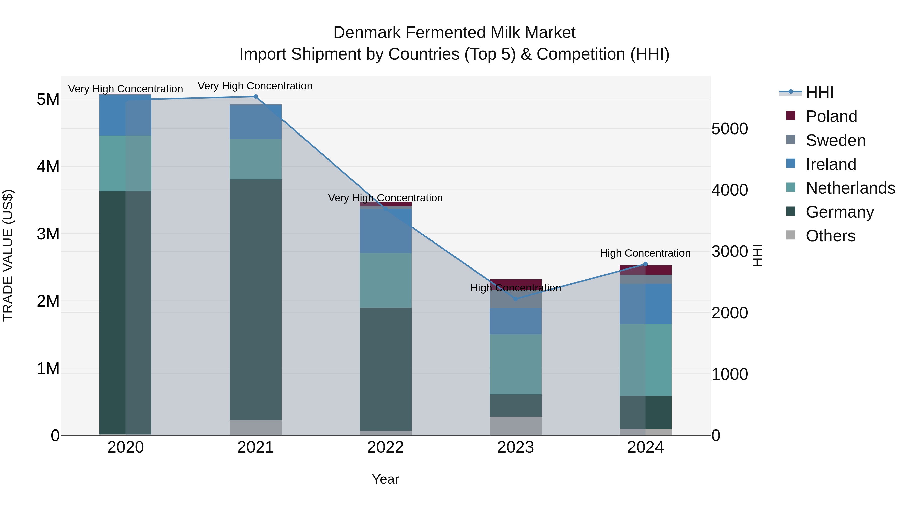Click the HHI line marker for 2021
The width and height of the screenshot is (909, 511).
(256, 97)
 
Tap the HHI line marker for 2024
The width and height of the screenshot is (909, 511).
(645, 264)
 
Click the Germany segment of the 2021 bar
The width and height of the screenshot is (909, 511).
(256, 300)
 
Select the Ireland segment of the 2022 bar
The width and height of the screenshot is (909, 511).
(385, 231)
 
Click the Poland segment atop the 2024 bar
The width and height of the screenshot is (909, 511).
(645, 270)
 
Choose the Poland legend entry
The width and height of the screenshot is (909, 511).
(831, 116)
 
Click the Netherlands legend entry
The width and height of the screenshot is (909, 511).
(850, 188)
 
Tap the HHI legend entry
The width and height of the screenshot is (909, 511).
(819, 92)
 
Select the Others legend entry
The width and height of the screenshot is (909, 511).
(830, 236)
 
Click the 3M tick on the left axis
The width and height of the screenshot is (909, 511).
(48, 234)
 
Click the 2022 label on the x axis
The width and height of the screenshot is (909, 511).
(385, 447)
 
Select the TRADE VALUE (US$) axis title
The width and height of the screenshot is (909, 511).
(8, 255)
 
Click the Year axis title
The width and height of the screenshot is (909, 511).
(385, 479)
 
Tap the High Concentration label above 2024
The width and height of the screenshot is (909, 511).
(645, 253)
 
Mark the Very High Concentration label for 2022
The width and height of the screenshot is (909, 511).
(385, 198)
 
